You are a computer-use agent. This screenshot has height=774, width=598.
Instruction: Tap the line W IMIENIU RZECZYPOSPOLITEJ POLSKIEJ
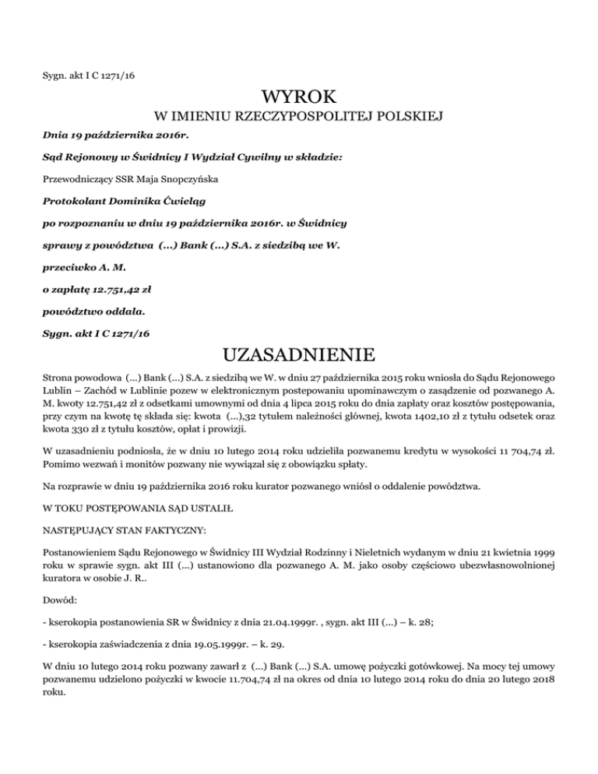(299, 118)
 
